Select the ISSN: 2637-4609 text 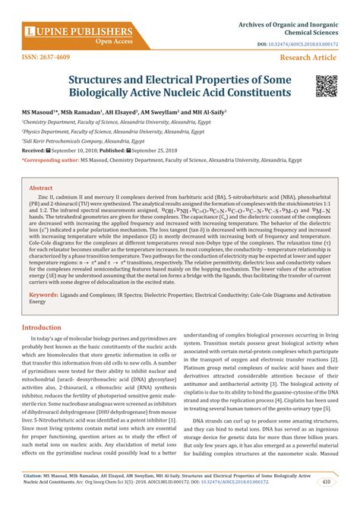(x=45, y=57)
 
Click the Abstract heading (x=41, y=187)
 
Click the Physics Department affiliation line (x=103, y=131)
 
